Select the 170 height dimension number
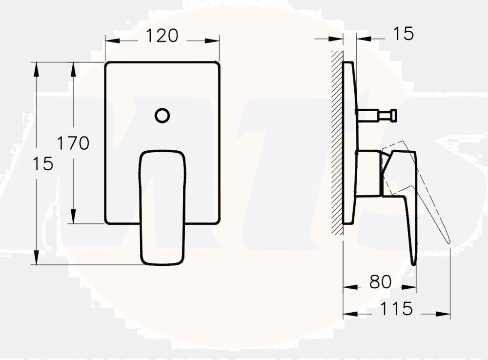click(73, 143)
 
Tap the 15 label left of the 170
click(43, 164)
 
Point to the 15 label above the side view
click(403, 34)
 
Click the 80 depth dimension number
click(380, 282)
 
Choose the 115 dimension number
click(396, 309)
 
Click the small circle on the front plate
click(162, 116)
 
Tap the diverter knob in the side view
click(392, 116)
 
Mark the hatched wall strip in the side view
click(337, 141)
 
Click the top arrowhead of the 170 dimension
click(73, 68)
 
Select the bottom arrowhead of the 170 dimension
click(73, 217)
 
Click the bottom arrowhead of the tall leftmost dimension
click(36, 258)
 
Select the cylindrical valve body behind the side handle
click(369, 173)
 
